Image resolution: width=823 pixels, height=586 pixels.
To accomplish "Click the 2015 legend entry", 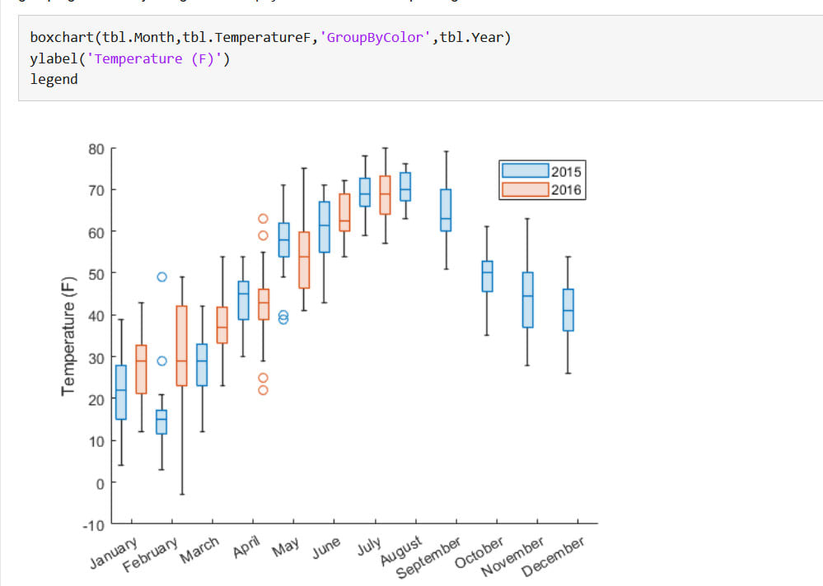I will [x=541, y=171].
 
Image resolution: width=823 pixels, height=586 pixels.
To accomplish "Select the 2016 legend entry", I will [x=541, y=190].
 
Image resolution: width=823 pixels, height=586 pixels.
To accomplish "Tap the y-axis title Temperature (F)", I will [x=68, y=337].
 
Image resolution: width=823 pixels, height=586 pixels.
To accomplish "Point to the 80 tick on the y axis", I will [x=96, y=149].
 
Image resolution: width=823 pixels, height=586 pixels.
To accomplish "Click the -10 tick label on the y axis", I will [x=94, y=525].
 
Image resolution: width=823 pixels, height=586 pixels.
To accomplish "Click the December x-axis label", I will [x=553, y=556].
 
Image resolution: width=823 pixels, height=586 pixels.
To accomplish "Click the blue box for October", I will [x=488, y=277].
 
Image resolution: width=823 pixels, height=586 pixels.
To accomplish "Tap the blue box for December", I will [x=568, y=309].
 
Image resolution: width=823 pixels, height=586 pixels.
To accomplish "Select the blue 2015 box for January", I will [x=121, y=393].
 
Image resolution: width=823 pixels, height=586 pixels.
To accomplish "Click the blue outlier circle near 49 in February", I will [x=161, y=277].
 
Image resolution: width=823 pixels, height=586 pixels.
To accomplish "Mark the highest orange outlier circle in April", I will [x=263, y=219].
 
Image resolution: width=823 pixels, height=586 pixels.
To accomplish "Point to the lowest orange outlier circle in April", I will [x=263, y=390].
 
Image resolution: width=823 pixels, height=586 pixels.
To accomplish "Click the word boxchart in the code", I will [x=59, y=38].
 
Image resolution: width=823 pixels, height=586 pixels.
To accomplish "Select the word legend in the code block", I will [x=54, y=79].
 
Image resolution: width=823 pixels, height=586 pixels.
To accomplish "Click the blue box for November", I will [x=528, y=300].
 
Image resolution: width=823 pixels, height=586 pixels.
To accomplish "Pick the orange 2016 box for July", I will [x=385, y=195].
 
